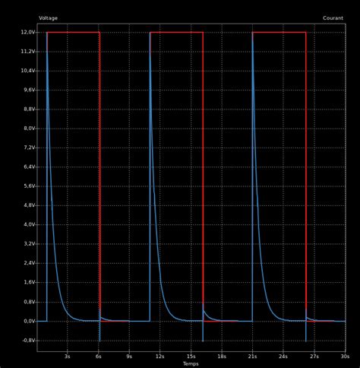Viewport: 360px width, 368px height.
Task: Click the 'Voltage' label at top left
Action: [x=48, y=17]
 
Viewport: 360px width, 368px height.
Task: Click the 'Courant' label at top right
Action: [x=333, y=17]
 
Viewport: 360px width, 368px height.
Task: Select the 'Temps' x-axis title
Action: [x=191, y=363]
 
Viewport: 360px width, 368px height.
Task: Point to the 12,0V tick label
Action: [x=27, y=32]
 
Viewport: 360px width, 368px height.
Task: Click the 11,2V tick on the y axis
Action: [x=27, y=51]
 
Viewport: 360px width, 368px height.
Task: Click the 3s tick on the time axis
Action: [x=67, y=356]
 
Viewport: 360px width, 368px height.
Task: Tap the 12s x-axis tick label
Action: [x=159, y=356]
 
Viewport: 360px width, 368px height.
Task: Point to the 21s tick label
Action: [x=252, y=356]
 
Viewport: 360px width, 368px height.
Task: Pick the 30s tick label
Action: [x=345, y=356]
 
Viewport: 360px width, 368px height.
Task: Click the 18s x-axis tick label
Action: [x=221, y=356]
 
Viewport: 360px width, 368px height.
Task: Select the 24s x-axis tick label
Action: [x=283, y=356]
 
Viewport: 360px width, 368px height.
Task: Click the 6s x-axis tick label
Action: [x=98, y=356]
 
